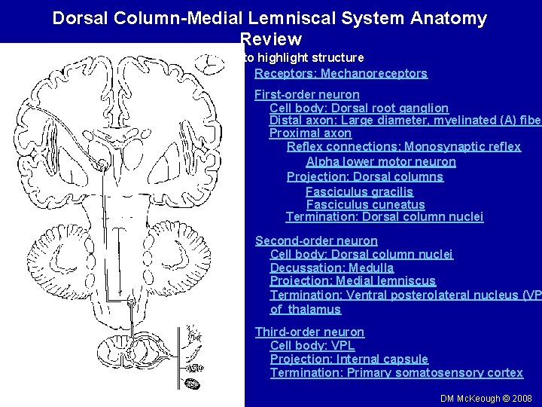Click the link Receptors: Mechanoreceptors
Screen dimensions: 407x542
coord(341,74)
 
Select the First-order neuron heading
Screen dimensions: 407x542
coord(306,95)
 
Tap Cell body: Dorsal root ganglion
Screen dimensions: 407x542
coord(359,109)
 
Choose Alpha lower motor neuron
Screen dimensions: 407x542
coord(381,162)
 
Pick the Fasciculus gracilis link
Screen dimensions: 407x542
coord(359,192)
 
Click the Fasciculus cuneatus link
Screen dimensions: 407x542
coord(365,205)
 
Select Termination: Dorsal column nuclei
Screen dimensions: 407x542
coord(385,218)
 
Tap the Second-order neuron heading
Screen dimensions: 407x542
coord(316,241)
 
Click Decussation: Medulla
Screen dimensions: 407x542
coord(332,268)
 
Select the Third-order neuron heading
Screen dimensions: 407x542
coord(309,332)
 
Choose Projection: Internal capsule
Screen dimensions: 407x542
coord(349,360)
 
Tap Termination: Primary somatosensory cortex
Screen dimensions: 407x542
coord(397,373)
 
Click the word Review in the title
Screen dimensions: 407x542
coord(271,38)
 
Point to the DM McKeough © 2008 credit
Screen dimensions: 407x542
coord(486,398)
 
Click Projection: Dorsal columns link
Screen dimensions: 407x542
coord(365,177)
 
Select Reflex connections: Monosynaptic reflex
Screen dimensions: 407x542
coord(403,147)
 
